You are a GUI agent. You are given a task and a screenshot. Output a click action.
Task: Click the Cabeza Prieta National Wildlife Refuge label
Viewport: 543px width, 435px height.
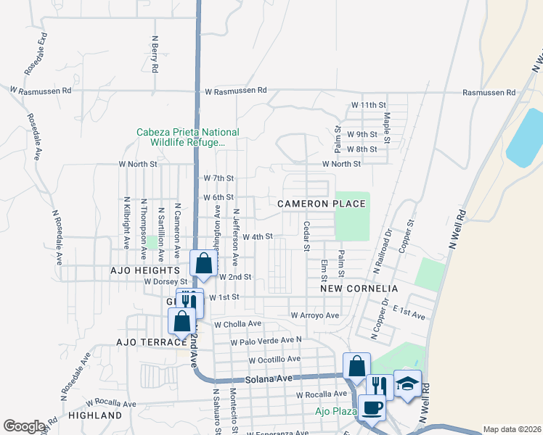click(x=187, y=137)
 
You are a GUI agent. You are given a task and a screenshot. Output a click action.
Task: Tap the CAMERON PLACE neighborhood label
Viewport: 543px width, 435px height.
click(x=322, y=204)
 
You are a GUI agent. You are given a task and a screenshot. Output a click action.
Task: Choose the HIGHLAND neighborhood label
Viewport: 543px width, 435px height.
click(x=95, y=415)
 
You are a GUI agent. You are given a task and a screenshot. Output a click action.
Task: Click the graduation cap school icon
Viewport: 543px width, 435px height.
click(x=407, y=384)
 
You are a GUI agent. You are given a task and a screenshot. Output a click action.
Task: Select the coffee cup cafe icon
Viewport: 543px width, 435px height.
click(x=372, y=407)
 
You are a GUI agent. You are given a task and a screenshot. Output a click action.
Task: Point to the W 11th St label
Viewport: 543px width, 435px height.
click(x=368, y=105)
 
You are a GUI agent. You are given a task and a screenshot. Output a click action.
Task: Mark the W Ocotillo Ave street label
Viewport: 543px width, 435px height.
click(x=274, y=359)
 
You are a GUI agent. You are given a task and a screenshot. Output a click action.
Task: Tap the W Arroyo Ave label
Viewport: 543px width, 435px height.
click(x=314, y=315)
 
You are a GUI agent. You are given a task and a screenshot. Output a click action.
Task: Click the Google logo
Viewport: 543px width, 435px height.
click(x=25, y=426)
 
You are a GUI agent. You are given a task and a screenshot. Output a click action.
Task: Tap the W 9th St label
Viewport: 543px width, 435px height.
click(x=362, y=134)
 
